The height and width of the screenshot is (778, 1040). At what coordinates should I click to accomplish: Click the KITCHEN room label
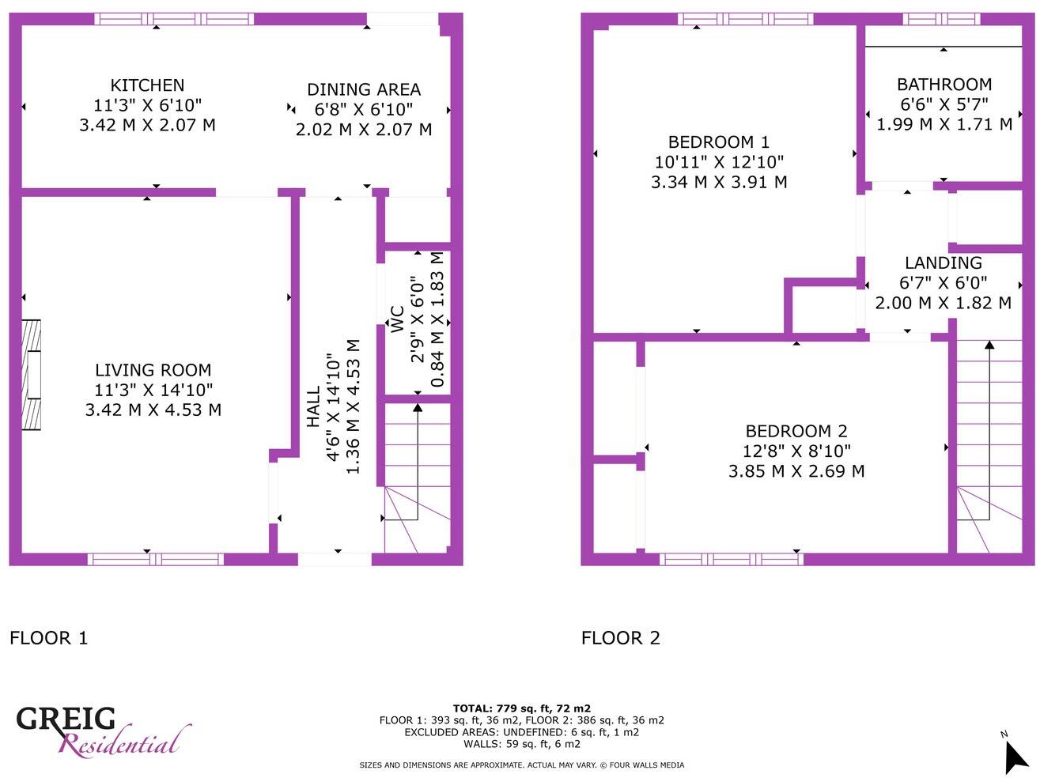147,85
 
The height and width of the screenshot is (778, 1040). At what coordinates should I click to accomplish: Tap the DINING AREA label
364,90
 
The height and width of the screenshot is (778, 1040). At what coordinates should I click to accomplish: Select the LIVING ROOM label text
153,370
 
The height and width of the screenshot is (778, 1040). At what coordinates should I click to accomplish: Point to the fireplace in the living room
31,375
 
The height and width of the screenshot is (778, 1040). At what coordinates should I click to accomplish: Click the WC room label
396,319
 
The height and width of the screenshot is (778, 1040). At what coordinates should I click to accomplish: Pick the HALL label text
314,406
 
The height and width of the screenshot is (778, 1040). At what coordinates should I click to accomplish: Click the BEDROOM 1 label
718,142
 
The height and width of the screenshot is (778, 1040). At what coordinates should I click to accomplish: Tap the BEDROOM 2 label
796,432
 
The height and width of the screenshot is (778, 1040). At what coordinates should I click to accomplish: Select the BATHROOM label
944,85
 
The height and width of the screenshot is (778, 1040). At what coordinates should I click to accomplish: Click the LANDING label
943,263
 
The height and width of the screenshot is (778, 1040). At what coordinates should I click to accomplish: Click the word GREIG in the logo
66,719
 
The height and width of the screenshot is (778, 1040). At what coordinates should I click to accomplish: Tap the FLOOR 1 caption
48,638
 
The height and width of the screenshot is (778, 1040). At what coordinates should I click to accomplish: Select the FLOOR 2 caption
620,638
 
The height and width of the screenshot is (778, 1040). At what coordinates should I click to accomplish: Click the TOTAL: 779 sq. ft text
521,708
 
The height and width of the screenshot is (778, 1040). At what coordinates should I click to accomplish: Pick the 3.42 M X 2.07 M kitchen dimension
147,125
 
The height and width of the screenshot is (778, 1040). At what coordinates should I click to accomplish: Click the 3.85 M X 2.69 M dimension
796,471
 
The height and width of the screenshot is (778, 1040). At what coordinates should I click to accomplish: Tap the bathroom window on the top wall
941,19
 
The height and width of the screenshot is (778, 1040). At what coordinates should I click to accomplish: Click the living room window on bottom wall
155,560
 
